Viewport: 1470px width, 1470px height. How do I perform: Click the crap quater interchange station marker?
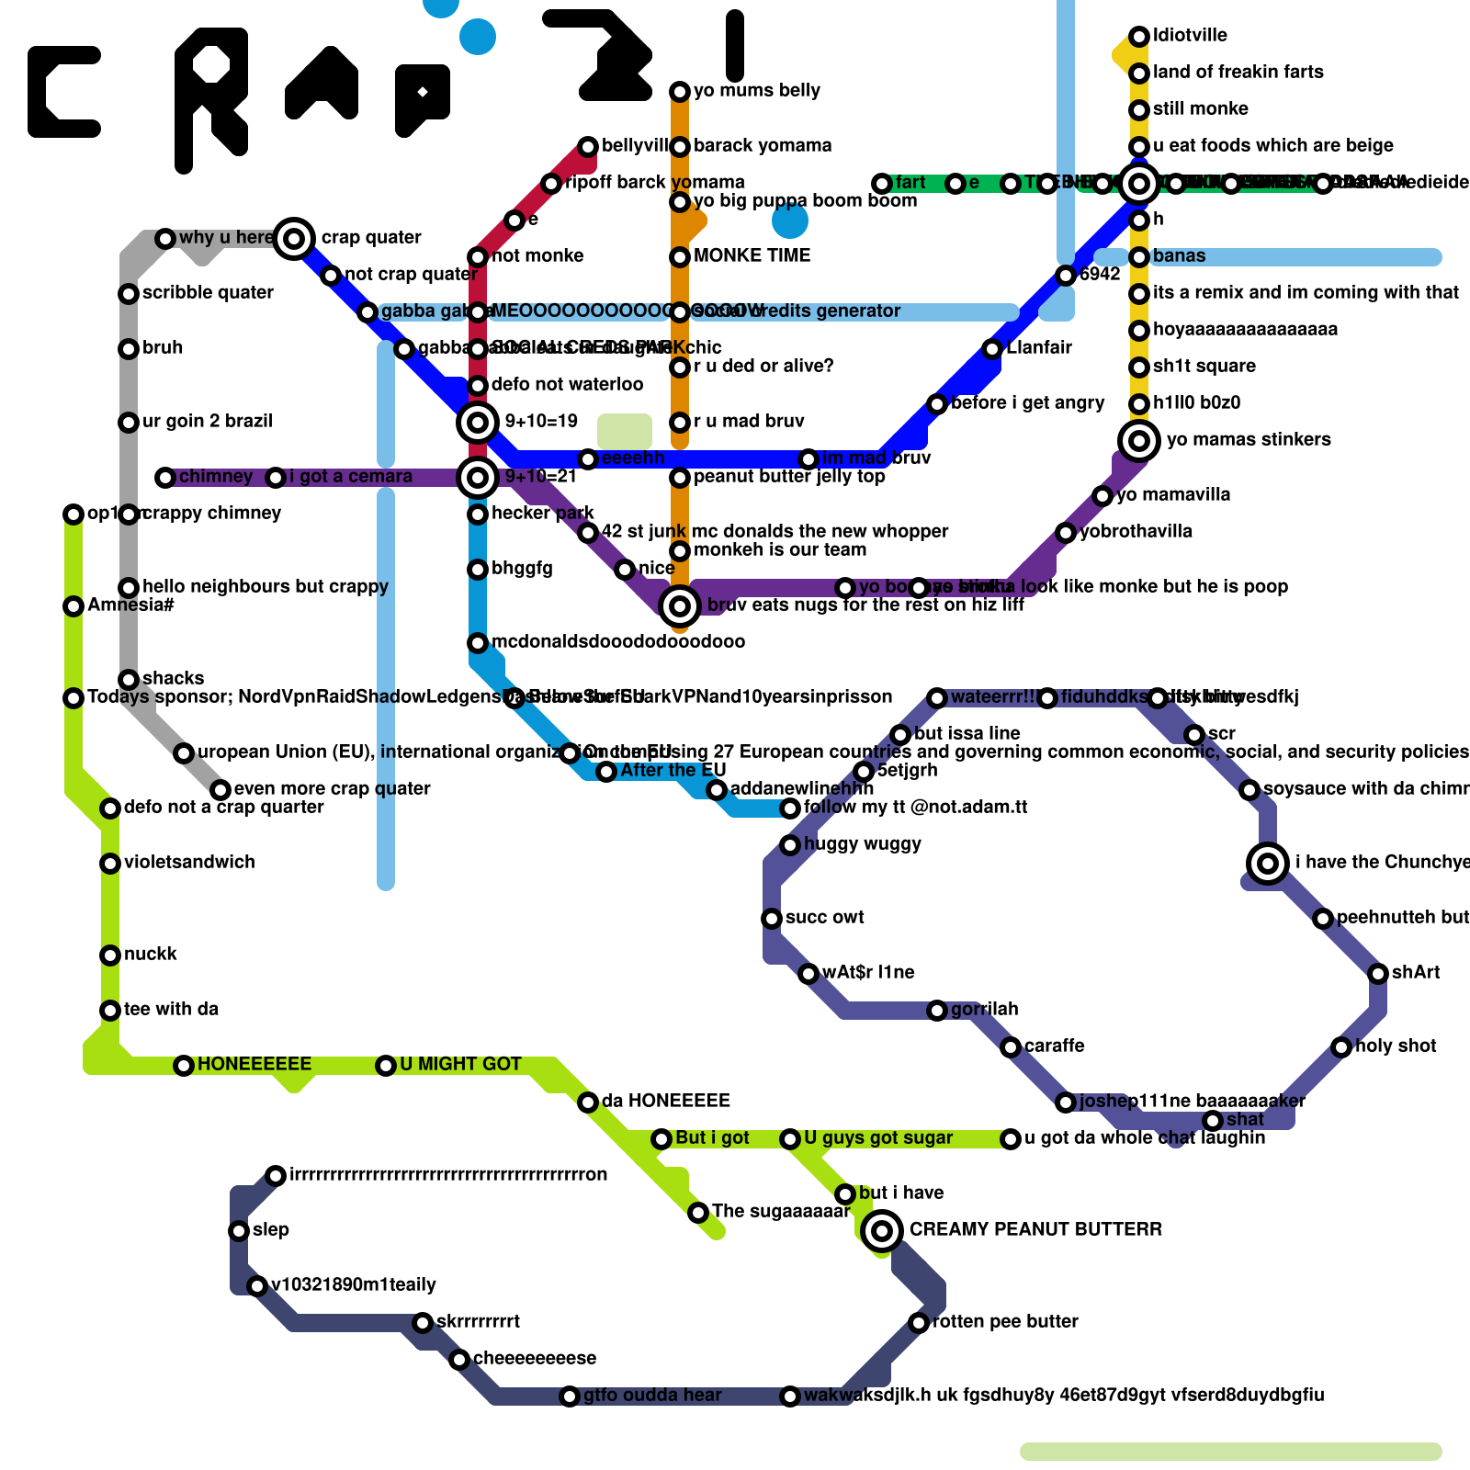click(x=294, y=239)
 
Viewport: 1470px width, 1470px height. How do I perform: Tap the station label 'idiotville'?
click(x=1190, y=36)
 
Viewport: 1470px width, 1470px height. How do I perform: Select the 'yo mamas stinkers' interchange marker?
click(x=1139, y=441)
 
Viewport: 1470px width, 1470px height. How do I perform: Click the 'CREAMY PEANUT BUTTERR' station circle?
click(x=882, y=1230)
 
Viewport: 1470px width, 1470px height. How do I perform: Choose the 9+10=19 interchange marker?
click(x=478, y=423)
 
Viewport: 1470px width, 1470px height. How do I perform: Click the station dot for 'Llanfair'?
click(x=992, y=349)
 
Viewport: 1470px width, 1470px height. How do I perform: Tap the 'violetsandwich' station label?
click(x=189, y=862)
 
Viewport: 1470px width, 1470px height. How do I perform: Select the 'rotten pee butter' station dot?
click(x=919, y=1323)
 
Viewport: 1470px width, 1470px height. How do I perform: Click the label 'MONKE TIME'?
click(x=752, y=255)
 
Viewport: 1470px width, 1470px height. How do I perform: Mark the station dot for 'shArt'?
click(x=1378, y=974)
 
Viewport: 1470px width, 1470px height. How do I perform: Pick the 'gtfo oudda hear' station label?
click(x=652, y=1395)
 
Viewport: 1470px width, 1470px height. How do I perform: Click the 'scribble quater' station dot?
click(x=129, y=294)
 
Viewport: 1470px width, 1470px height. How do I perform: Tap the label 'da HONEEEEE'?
click(x=665, y=1101)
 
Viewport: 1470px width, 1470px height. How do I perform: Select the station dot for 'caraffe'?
click(x=1011, y=1047)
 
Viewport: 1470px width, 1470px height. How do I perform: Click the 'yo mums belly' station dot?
click(x=680, y=92)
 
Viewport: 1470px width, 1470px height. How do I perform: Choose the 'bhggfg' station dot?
click(x=478, y=570)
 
